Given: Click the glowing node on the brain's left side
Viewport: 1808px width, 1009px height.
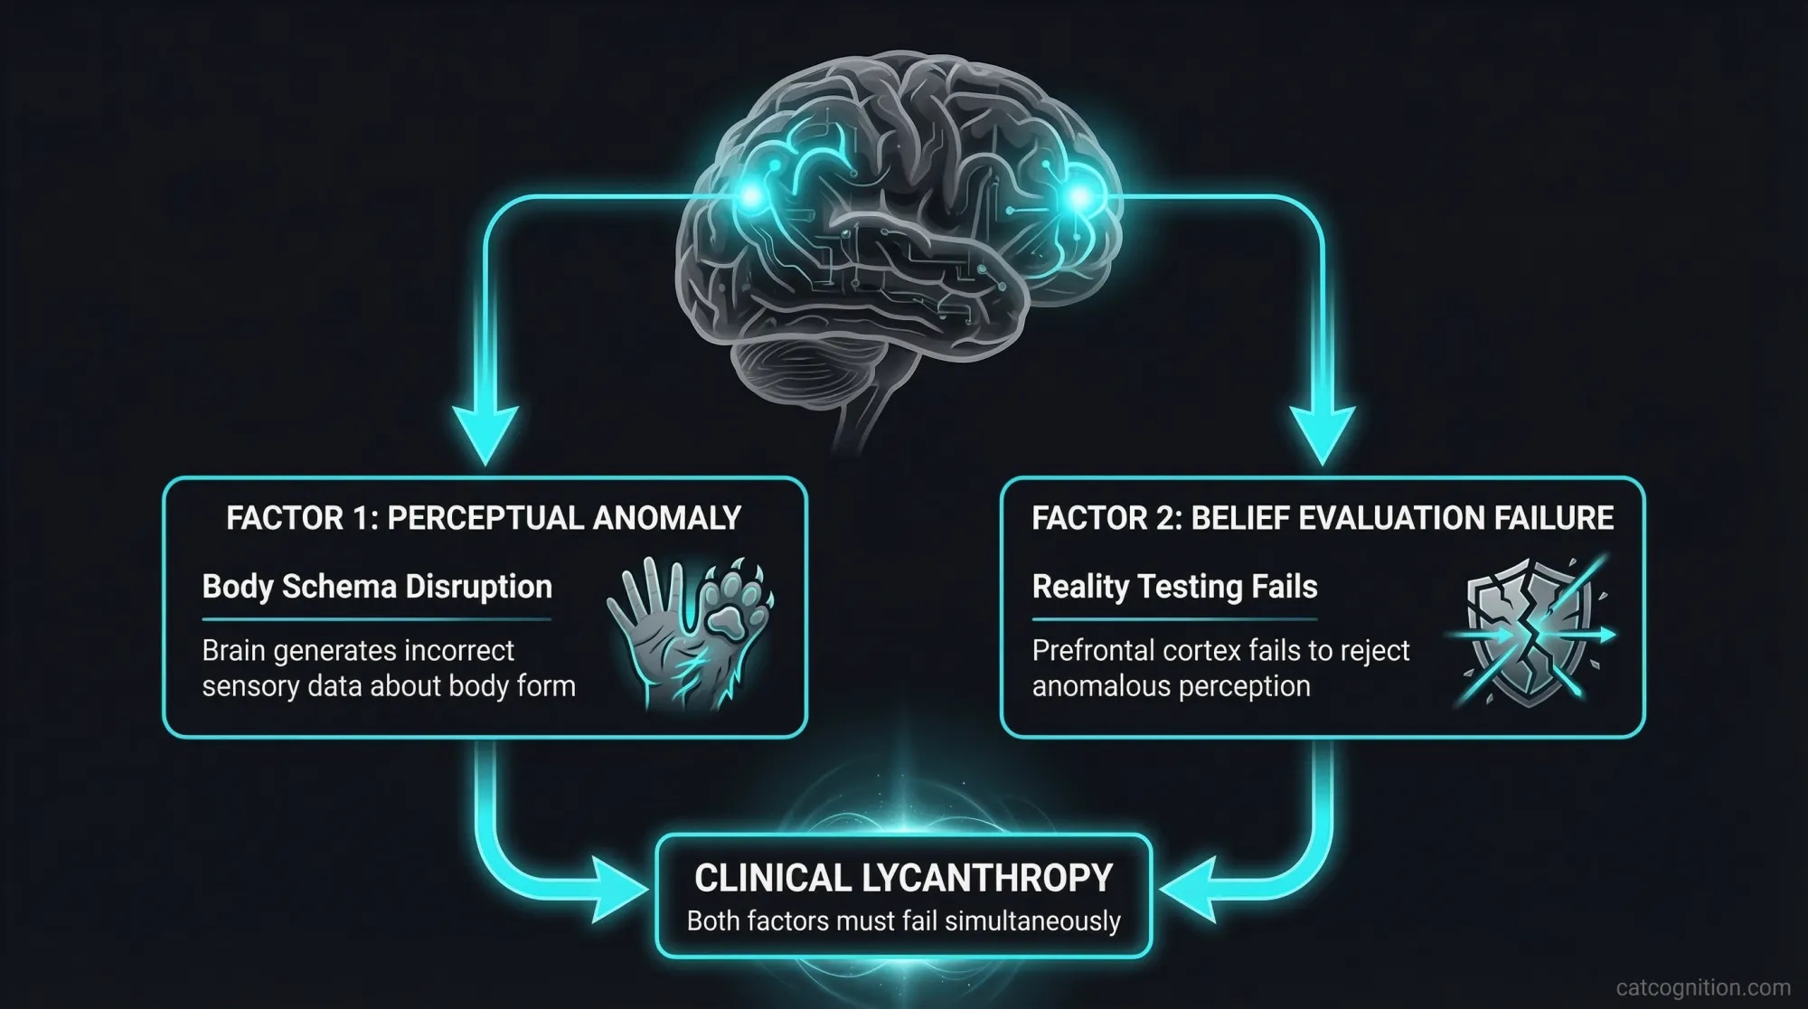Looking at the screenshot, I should pyautogui.click(x=750, y=194).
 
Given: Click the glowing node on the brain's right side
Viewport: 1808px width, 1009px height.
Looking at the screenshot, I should pyautogui.click(x=1078, y=195).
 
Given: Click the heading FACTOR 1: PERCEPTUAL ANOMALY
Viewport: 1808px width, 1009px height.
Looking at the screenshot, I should pyautogui.click(x=484, y=518).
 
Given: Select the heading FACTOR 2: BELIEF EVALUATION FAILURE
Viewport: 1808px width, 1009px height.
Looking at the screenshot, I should pyautogui.click(x=1323, y=518).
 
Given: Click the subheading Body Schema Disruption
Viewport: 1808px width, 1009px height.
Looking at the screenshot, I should pyautogui.click(x=377, y=587).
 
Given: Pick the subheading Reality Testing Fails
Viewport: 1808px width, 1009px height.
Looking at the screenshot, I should pyautogui.click(x=1174, y=587).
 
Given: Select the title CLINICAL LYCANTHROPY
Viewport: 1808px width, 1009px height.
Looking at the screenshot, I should pyautogui.click(x=903, y=878).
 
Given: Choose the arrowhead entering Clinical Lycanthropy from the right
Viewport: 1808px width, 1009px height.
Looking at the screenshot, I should pyautogui.click(x=1184, y=891).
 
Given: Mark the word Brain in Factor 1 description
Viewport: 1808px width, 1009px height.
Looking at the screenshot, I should pyautogui.click(x=233, y=650).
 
